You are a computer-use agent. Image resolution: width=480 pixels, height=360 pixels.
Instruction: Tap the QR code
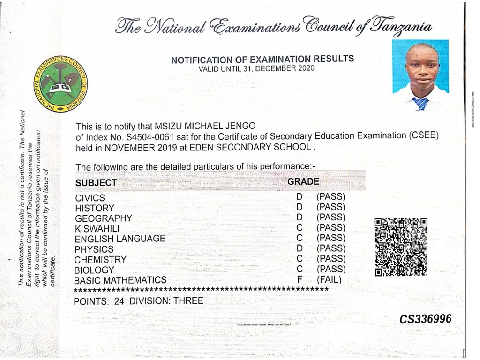(x=401, y=247)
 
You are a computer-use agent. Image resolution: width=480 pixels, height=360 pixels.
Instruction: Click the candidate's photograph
(x=420, y=75)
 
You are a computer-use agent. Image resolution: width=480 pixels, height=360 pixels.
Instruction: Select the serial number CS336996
(x=426, y=319)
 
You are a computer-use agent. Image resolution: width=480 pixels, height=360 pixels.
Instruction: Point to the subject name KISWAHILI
(x=97, y=228)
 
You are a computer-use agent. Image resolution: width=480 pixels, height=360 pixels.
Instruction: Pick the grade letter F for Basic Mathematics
(x=300, y=280)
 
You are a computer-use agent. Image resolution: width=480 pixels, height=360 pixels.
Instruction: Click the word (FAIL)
(x=330, y=280)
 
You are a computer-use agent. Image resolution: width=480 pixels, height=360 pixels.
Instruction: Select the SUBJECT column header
(x=96, y=183)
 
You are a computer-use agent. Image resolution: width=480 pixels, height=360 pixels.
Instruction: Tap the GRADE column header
(x=303, y=181)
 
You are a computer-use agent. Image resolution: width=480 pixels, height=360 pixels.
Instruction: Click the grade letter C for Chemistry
(x=300, y=259)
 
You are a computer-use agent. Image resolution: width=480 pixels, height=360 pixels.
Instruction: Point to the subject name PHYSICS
(x=94, y=249)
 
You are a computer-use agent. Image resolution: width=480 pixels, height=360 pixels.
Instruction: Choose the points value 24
(x=119, y=301)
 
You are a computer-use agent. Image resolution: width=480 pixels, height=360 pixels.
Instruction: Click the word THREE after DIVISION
(x=188, y=300)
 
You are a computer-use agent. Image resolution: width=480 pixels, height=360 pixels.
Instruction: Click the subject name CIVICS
(x=90, y=198)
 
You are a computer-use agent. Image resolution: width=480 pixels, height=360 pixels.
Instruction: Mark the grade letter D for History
(x=300, y=207)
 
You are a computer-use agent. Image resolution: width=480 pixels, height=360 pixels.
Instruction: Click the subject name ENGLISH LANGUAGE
(x=120, y=239)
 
